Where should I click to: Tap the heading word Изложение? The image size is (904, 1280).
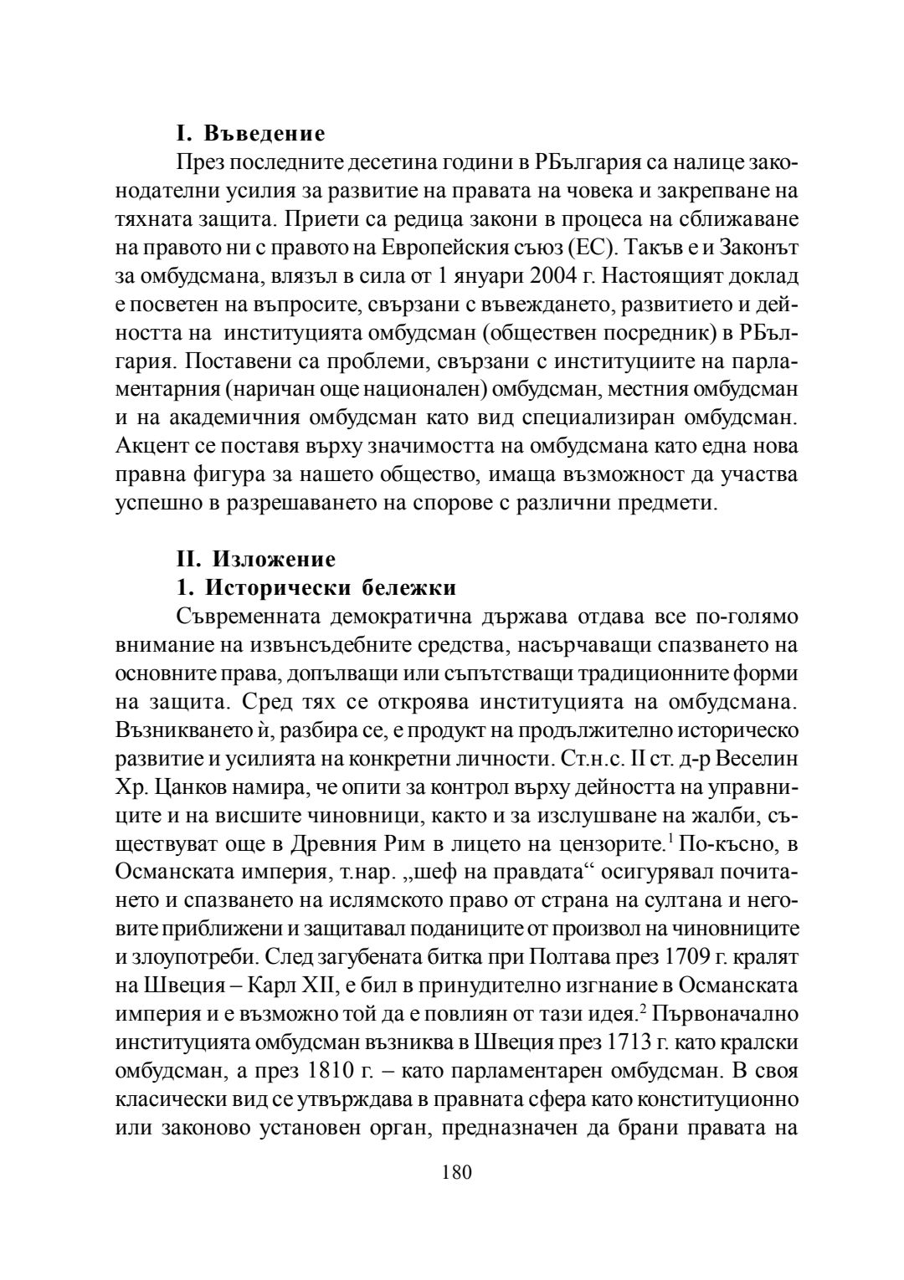(x=275, y=558)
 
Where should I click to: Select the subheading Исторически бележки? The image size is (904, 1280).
(x=331, y=588)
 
